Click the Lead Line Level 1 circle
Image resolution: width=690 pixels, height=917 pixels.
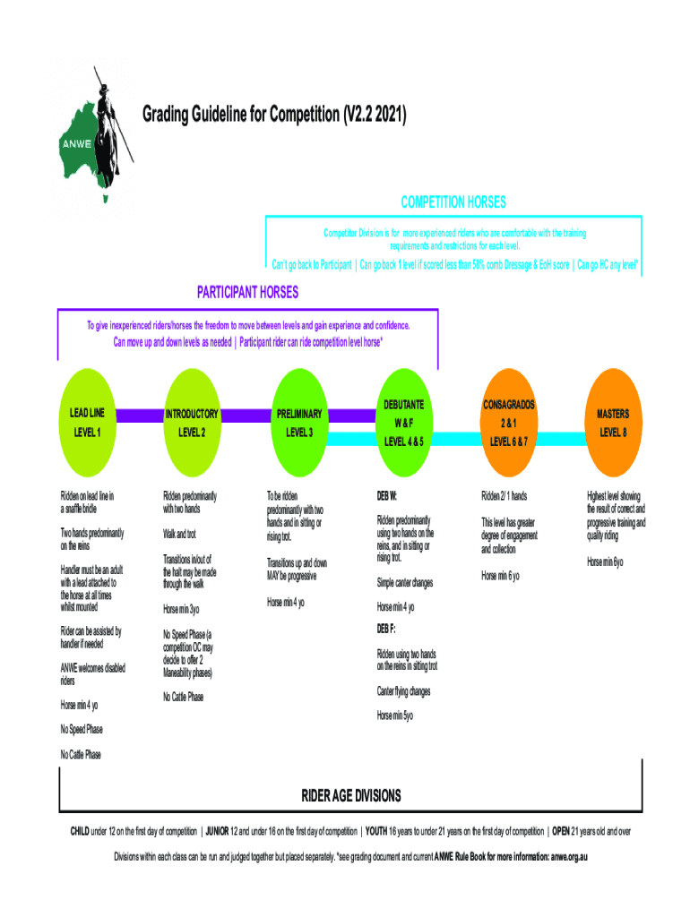coord(87,423)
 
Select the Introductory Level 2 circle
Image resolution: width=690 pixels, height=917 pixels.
coord(191,423)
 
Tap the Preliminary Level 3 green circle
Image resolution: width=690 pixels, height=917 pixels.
coord(299,423)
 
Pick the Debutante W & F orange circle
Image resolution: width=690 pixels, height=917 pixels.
coord(403,423)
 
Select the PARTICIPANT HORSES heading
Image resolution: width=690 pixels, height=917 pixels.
coord(247,293)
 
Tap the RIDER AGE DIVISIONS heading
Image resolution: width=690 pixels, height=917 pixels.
coord(351,796)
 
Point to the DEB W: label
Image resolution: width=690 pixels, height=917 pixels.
coord(387,495)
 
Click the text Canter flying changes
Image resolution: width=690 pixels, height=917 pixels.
coord(403,691)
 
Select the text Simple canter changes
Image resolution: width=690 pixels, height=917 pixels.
coord(405,583)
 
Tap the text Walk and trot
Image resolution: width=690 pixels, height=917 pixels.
coord(179,535)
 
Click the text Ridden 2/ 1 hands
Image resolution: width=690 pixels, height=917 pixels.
coord(504,495)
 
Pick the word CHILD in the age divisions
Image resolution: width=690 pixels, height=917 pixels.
coord(81,831)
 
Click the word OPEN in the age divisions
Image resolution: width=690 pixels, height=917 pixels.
coord(565,831)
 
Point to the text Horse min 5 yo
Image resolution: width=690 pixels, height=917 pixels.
coord(395,716)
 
